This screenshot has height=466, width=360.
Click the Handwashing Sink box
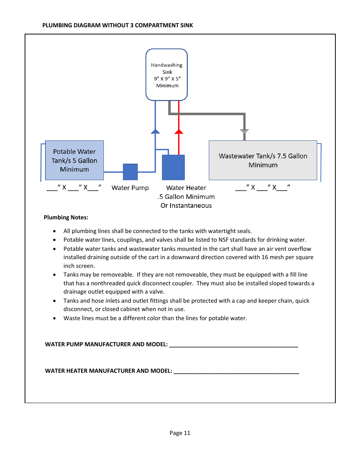(x=167, y=75)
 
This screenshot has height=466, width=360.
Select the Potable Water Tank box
(x=74, y=160)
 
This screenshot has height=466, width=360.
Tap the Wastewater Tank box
(x=263, y=160)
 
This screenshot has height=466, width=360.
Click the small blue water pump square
(x=130, y=172)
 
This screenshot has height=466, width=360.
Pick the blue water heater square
(x=173, y=167)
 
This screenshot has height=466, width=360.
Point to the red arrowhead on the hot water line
(x=179, y=131)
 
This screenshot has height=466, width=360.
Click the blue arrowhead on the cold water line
(x=155, y=131)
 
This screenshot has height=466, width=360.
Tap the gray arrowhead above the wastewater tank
(x=244, y=131)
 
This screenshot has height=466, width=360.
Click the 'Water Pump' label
(x=130, y=188)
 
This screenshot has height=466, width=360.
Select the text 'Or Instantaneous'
(x=186, y=206)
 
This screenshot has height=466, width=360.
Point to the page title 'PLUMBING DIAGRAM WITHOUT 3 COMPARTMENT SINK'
(x=117, y=25)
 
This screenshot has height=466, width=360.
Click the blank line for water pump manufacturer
(x=233, y=346)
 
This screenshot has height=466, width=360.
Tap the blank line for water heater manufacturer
(x=236, y=372)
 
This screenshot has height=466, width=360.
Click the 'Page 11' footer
(x=180, y=433)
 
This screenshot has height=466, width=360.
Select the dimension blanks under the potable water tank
(x=74, y=188)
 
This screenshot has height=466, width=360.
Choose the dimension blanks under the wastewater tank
(x=263, y=188)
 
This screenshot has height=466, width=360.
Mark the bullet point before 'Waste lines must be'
(x=55, y=318)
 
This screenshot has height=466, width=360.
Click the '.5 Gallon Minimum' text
(x=186, y=197)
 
